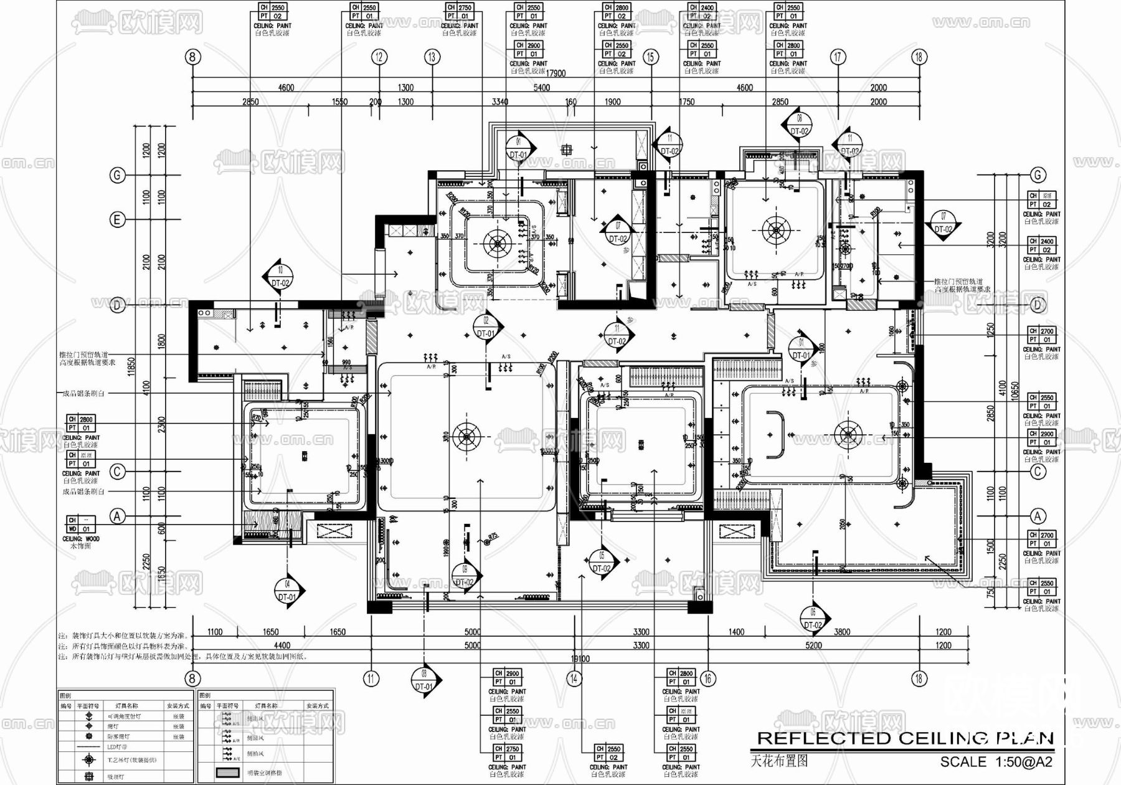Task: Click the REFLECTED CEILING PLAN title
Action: coord(905,739)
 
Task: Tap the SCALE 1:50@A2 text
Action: coord(996,762)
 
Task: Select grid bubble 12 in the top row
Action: coord(379,57)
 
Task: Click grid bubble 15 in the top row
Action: coord(650,57)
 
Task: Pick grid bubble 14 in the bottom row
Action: coord(574,678)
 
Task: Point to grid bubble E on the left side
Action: coord(117,220)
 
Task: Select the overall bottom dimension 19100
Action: coord(580,659)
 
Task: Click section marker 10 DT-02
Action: coord(280,277)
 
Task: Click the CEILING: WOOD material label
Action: coord(81,539)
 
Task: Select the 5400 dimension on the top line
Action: coord(541,88)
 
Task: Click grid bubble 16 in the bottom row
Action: coord(707,678)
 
